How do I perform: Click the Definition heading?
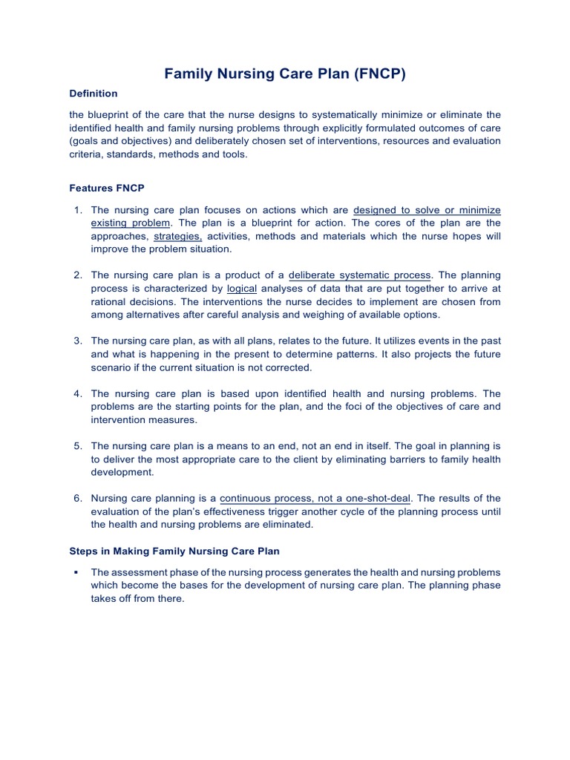pos(93,94)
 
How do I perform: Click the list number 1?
pos(77,210)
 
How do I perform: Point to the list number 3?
pos(77,341)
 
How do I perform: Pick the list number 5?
pos(77,446)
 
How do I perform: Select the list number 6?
pos(77,498)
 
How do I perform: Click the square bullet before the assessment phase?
pos(76,573)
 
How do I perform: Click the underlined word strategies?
pos(178,236)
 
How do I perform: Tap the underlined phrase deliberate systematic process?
pos(359,275)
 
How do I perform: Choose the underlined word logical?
pos(242,289)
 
